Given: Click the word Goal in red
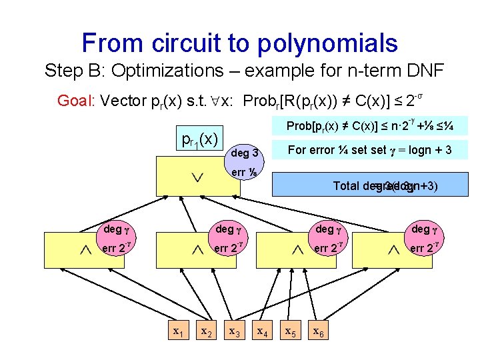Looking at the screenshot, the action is (75, 101).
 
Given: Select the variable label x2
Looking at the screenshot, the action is (207, 331).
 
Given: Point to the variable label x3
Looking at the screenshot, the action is (235, 331).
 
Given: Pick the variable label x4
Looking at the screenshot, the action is (263, 331).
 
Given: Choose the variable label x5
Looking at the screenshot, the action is (291, 331).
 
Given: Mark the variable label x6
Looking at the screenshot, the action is (319, 331).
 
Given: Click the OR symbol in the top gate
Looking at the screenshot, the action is (196, 178).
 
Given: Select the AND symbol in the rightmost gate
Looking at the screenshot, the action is (393, 249).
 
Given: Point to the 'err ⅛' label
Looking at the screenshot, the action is (243, 173).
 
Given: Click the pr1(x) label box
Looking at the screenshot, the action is (200, 139).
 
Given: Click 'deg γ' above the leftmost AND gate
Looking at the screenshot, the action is (113, 229).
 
